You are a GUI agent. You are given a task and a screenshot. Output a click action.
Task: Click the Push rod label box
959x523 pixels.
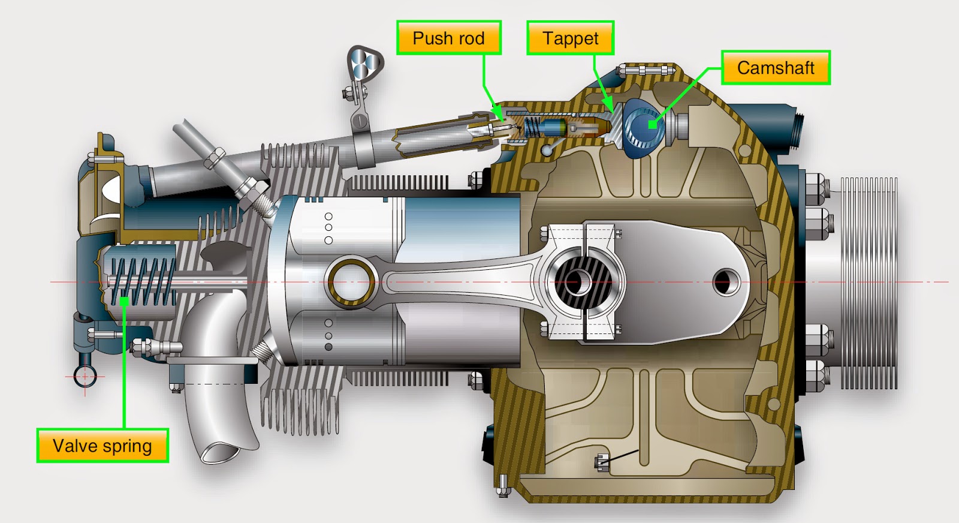tap(448, 38)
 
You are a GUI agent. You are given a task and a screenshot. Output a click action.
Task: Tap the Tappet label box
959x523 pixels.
tap(570, 38)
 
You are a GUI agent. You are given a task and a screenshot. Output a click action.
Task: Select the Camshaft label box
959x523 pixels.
tap(775, 68)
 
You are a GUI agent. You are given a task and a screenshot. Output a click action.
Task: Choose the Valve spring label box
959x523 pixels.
tap(102, 446)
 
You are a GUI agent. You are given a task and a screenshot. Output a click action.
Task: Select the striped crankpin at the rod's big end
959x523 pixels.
tap(579, 281)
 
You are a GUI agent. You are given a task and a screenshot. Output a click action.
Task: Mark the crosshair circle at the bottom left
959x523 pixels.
tap(85, 377)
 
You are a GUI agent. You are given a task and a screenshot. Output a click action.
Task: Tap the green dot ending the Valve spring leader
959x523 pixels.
tap(124, 301)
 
